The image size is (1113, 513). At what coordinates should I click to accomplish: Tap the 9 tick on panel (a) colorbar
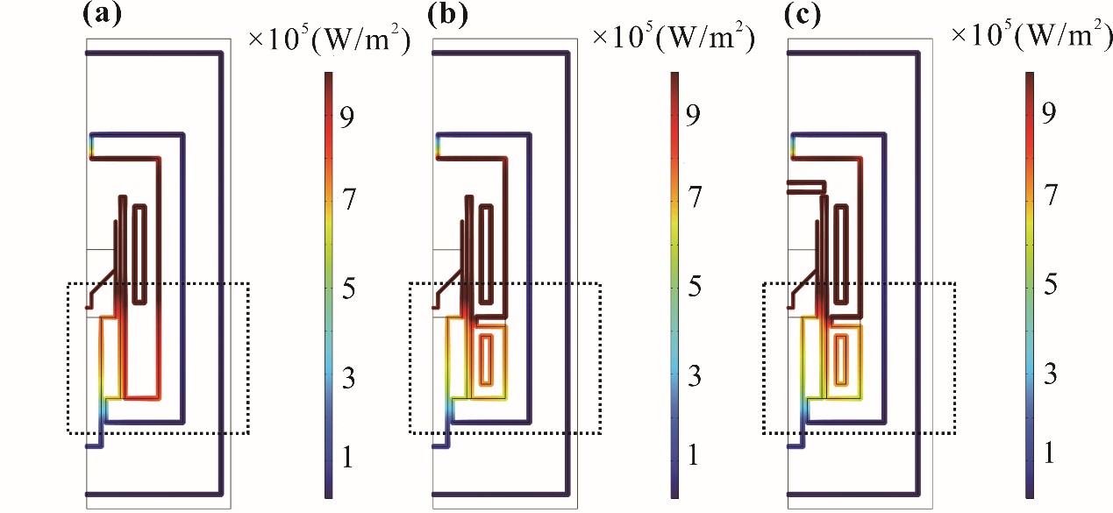346,120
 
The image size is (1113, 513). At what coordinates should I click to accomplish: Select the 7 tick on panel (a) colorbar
346,201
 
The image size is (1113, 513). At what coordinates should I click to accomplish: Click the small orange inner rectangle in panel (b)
486,360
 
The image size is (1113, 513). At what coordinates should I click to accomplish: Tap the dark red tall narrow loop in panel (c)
842,253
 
